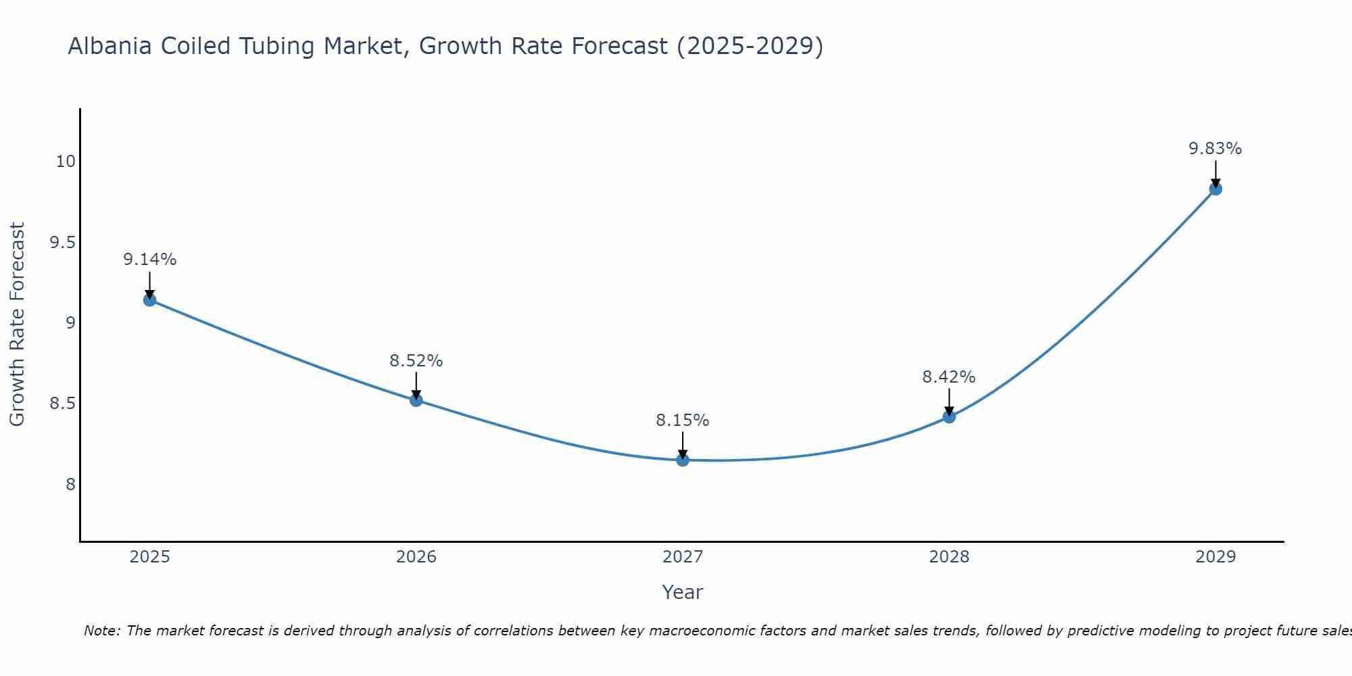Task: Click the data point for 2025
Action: (x=149, y=300)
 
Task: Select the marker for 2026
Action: (x=416, y=400)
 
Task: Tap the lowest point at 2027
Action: (x=683, y=460)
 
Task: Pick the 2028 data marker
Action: (x=949, y=417)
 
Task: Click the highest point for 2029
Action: (x=1215, y=189)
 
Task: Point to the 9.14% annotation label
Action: (x=149, y=260)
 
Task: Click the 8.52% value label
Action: (x=416, y=361)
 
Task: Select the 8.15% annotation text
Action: (x=683, y=420)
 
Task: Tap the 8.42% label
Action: (x=949, y=377)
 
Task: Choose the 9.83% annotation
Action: (x=1215, y=149)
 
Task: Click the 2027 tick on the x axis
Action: (x=683, y=557)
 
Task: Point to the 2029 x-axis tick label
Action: (x=1215, y=557)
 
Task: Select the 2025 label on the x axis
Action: (x=149, y=557)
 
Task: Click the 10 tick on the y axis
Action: (x=66, y=162)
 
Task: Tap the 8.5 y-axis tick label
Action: (x=62, y=404)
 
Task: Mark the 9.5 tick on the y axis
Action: (x=62, y=242)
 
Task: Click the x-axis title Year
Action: (x=683, y=592)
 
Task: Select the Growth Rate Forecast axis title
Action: (x=18, y=324)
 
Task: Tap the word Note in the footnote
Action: (x=101, y=631)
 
